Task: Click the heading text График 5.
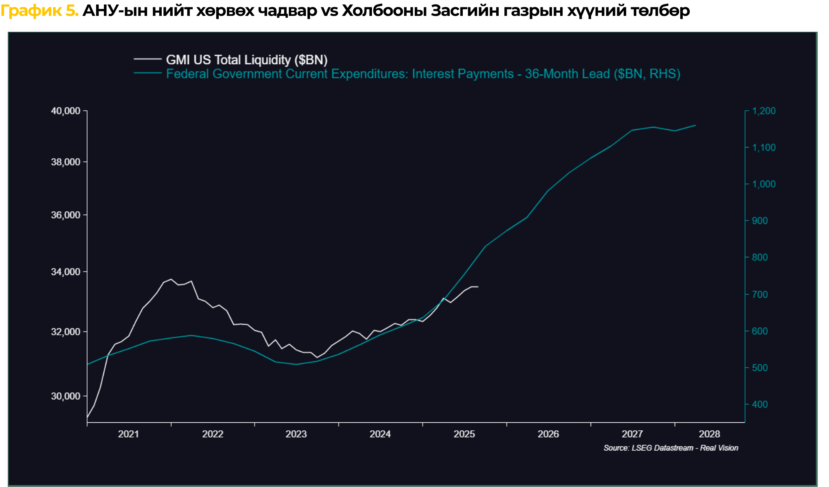point(40,11)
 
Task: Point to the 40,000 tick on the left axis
point(66,111)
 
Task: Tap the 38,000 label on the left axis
point(66,162)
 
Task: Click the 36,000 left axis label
point(66,215)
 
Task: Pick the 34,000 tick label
point(66,272)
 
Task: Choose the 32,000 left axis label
point(66,332)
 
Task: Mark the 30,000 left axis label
point(66,396)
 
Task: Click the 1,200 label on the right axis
point(764,111)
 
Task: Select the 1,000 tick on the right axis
point(764,184)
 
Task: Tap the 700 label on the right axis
point(760,294)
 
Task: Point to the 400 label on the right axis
point(760,404)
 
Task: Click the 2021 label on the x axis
point(128,434)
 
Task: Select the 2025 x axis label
point(464,434)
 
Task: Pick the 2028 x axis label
point(709,434)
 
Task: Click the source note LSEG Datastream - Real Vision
point(671,448)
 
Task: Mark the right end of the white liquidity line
point(478,287)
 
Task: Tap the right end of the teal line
point(695,125)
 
